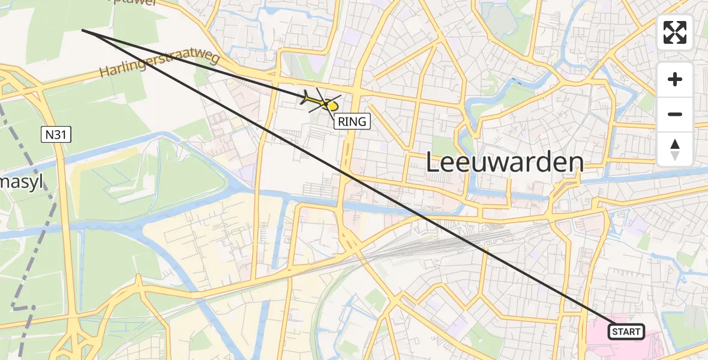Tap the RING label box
352,121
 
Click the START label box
626,331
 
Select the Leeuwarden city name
505,163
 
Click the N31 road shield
57,135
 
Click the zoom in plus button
675,80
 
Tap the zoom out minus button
675,114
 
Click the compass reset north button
675,148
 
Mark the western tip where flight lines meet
82,30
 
